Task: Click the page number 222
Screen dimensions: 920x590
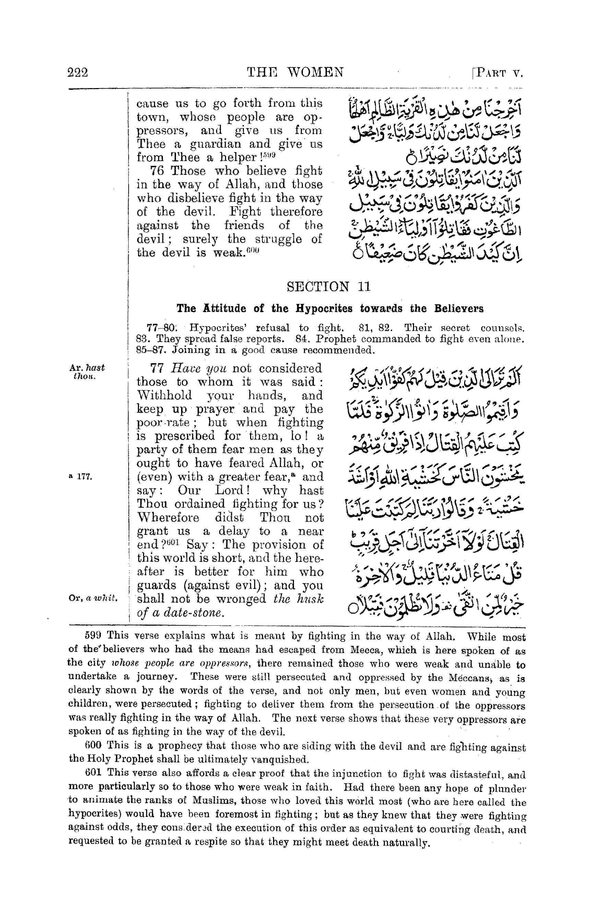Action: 78,72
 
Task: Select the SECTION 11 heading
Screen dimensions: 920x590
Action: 328,287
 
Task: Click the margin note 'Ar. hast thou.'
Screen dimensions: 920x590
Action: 86,371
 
